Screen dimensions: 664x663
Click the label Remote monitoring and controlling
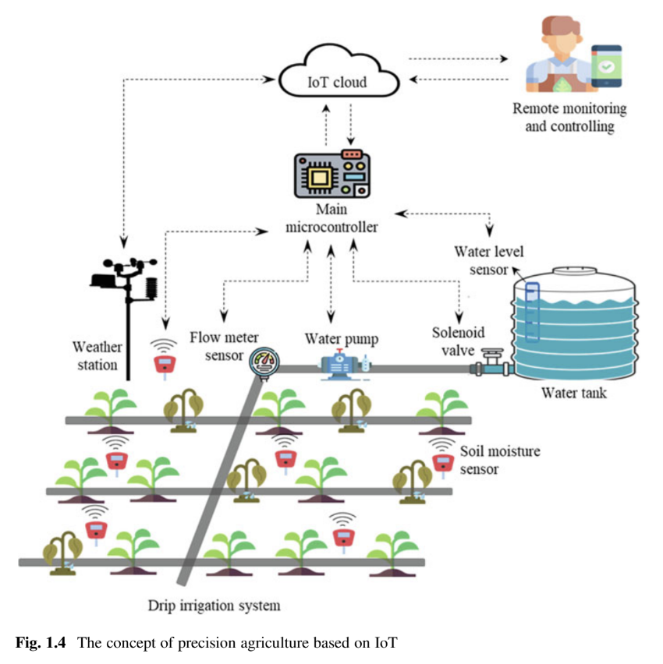pyautogui.click(x=569, y=118)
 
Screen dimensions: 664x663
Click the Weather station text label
pyautogui.click(x=95, y=355)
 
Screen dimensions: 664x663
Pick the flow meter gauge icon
pyautogui.click(x=263, y=360)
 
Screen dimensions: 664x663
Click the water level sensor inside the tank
pyautogui.click(x=531, y=313)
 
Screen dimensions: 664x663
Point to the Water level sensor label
pyautogui.click(x=489, y=260)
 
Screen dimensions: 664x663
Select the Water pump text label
pyautogui.click(x=342, y=339)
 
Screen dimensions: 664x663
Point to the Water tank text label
pyautogui.click(x=573, y=392)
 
